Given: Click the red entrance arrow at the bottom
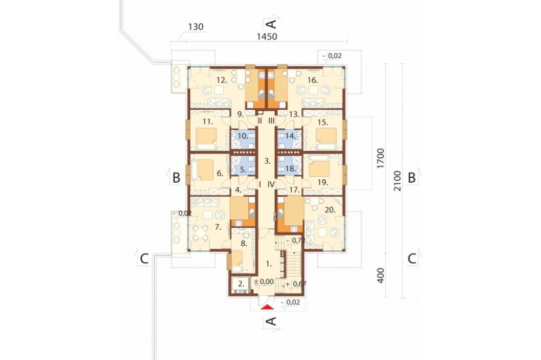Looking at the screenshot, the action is click(267, 307).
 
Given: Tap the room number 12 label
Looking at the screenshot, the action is click(221, 81).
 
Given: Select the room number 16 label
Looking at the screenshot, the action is click(312, 81).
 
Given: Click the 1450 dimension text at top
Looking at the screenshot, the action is click(267, 37).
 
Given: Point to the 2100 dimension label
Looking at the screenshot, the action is click(398, 181).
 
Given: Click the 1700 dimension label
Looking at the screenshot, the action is click(380, 158).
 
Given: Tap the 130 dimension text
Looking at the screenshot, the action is click(196, 27).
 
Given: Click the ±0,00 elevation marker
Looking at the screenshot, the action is click(264, 282).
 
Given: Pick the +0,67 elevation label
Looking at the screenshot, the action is click(296, 284).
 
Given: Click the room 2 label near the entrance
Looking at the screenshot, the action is click(241, 284).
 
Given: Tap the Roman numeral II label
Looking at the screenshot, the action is click(260, 121).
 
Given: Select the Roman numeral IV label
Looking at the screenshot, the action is click(271, 184).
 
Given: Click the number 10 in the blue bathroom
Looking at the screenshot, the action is click(242, 136).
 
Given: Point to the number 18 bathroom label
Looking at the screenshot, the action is click(291, 169).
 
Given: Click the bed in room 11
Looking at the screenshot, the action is click(206, 138).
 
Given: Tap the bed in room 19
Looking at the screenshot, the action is click(320, 167).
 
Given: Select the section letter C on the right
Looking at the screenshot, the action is click(412, 258).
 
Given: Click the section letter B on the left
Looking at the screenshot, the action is click(176, 178).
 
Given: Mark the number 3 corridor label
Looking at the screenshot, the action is click(267, 161).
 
